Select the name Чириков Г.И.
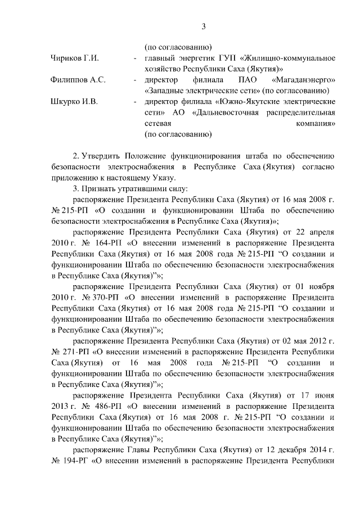pos(75,58)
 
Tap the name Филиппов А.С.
pos(78,80)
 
